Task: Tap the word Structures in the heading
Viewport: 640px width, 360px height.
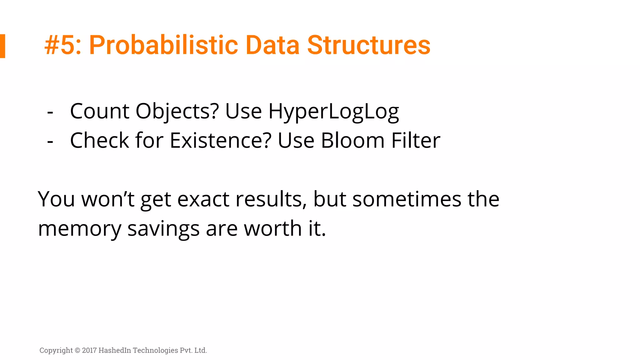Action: pyautogui.click(x=369, y=45)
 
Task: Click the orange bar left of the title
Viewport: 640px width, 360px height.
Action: pyautogui.click(x=2, y=46)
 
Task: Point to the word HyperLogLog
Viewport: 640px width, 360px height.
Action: pyautogui.click(x=333, y=112)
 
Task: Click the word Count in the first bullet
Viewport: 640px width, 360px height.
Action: pyautogui.click(x=99, y=111)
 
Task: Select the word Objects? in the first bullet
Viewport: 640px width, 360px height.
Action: pyautogui.click(x=177, y=112)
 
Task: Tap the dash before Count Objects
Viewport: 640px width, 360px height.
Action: pyautogui.click(x=50, y=112)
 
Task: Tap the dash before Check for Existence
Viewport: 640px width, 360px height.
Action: pyautogui.click(x=50, y=141)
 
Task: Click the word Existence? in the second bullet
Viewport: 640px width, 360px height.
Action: pyautogui.click(x=221, y=141)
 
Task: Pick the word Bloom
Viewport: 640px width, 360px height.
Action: pyautogui.click(x=352, y=141)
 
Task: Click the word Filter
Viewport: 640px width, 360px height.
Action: pyautogui.click(x=416, y=141)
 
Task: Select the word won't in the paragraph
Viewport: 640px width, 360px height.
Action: pyautogui.click(x=108, y=199)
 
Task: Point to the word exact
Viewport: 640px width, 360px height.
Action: pyautogui.click(x=203, y=199)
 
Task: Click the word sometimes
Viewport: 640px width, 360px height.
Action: pyautogui.click(x=407, y=199)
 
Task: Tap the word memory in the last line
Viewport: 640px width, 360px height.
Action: pyautogui.click(x=79, y=229)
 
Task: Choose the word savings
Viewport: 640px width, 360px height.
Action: pyautogui.click(x=163, y=229)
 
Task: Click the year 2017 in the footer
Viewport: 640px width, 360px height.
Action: pyautogui.click(x=89, y=350)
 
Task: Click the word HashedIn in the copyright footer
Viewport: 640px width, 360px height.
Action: pyautogui.click(x=115, y=350)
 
